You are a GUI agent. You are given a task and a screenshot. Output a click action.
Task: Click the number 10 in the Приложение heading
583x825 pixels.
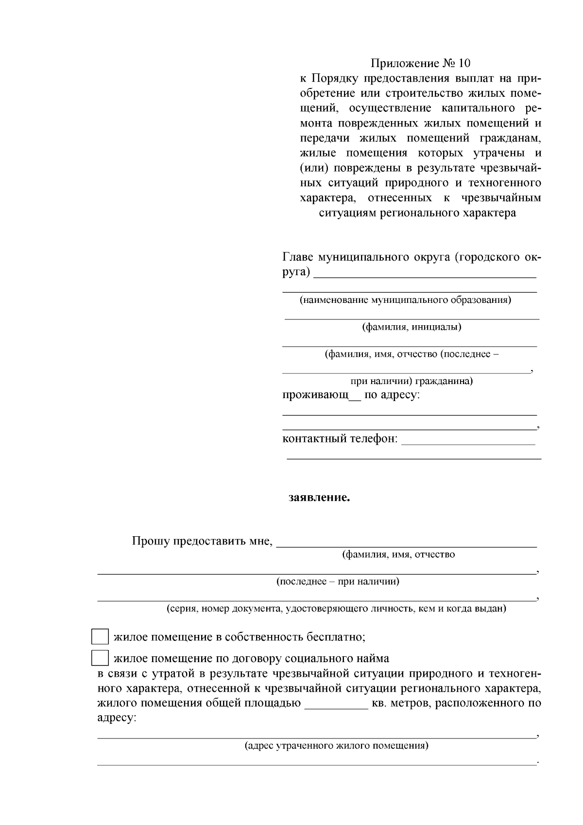(464, 63)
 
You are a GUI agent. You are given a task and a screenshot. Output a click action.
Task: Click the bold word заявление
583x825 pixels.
(319, 498)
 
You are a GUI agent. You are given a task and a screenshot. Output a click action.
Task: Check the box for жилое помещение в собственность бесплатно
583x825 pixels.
(100, 637)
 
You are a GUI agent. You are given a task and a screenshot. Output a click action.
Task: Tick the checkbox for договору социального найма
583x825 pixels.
(100, 658)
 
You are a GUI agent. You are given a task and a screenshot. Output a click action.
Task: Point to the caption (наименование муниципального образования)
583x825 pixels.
(405, 300)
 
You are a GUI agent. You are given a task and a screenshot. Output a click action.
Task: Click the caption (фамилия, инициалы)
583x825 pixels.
(412, 327)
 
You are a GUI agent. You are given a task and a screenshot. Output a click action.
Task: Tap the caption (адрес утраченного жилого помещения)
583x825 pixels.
(336, 745)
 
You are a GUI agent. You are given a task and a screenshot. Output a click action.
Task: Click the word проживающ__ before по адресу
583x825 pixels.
(321, 395)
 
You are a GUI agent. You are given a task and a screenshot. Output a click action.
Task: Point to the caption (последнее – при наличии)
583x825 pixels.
(338, 581)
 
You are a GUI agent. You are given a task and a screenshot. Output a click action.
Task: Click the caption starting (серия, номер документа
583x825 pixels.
(336, 608)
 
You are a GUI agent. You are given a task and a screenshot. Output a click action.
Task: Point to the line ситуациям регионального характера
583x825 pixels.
(417, 213)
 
